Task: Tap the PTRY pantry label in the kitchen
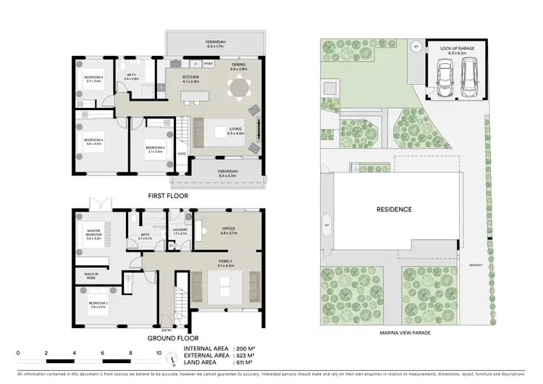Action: tap(208, 64)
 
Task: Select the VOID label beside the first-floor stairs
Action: tap(182, 153)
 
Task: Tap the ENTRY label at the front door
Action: tap(167, 330)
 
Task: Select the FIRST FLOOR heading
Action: tap(167, 196)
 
